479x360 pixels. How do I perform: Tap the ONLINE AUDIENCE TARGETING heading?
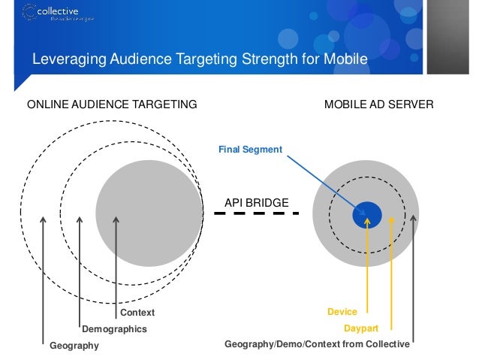pos(112,104)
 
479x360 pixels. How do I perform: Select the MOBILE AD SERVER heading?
pos(378,104)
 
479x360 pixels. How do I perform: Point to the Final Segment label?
pos(250,150)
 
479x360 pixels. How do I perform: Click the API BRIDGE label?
pos(256,201)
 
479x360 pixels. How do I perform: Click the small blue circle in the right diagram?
pos(367,214)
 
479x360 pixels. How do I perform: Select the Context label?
pos(137,312)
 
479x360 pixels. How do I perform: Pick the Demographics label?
pos(114,329)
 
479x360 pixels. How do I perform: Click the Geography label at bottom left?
pos(74,346)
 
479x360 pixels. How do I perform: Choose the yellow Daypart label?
pos(360,329)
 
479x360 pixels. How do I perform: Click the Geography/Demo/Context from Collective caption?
pos(318,345)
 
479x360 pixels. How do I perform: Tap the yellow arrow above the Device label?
pos(367,263)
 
